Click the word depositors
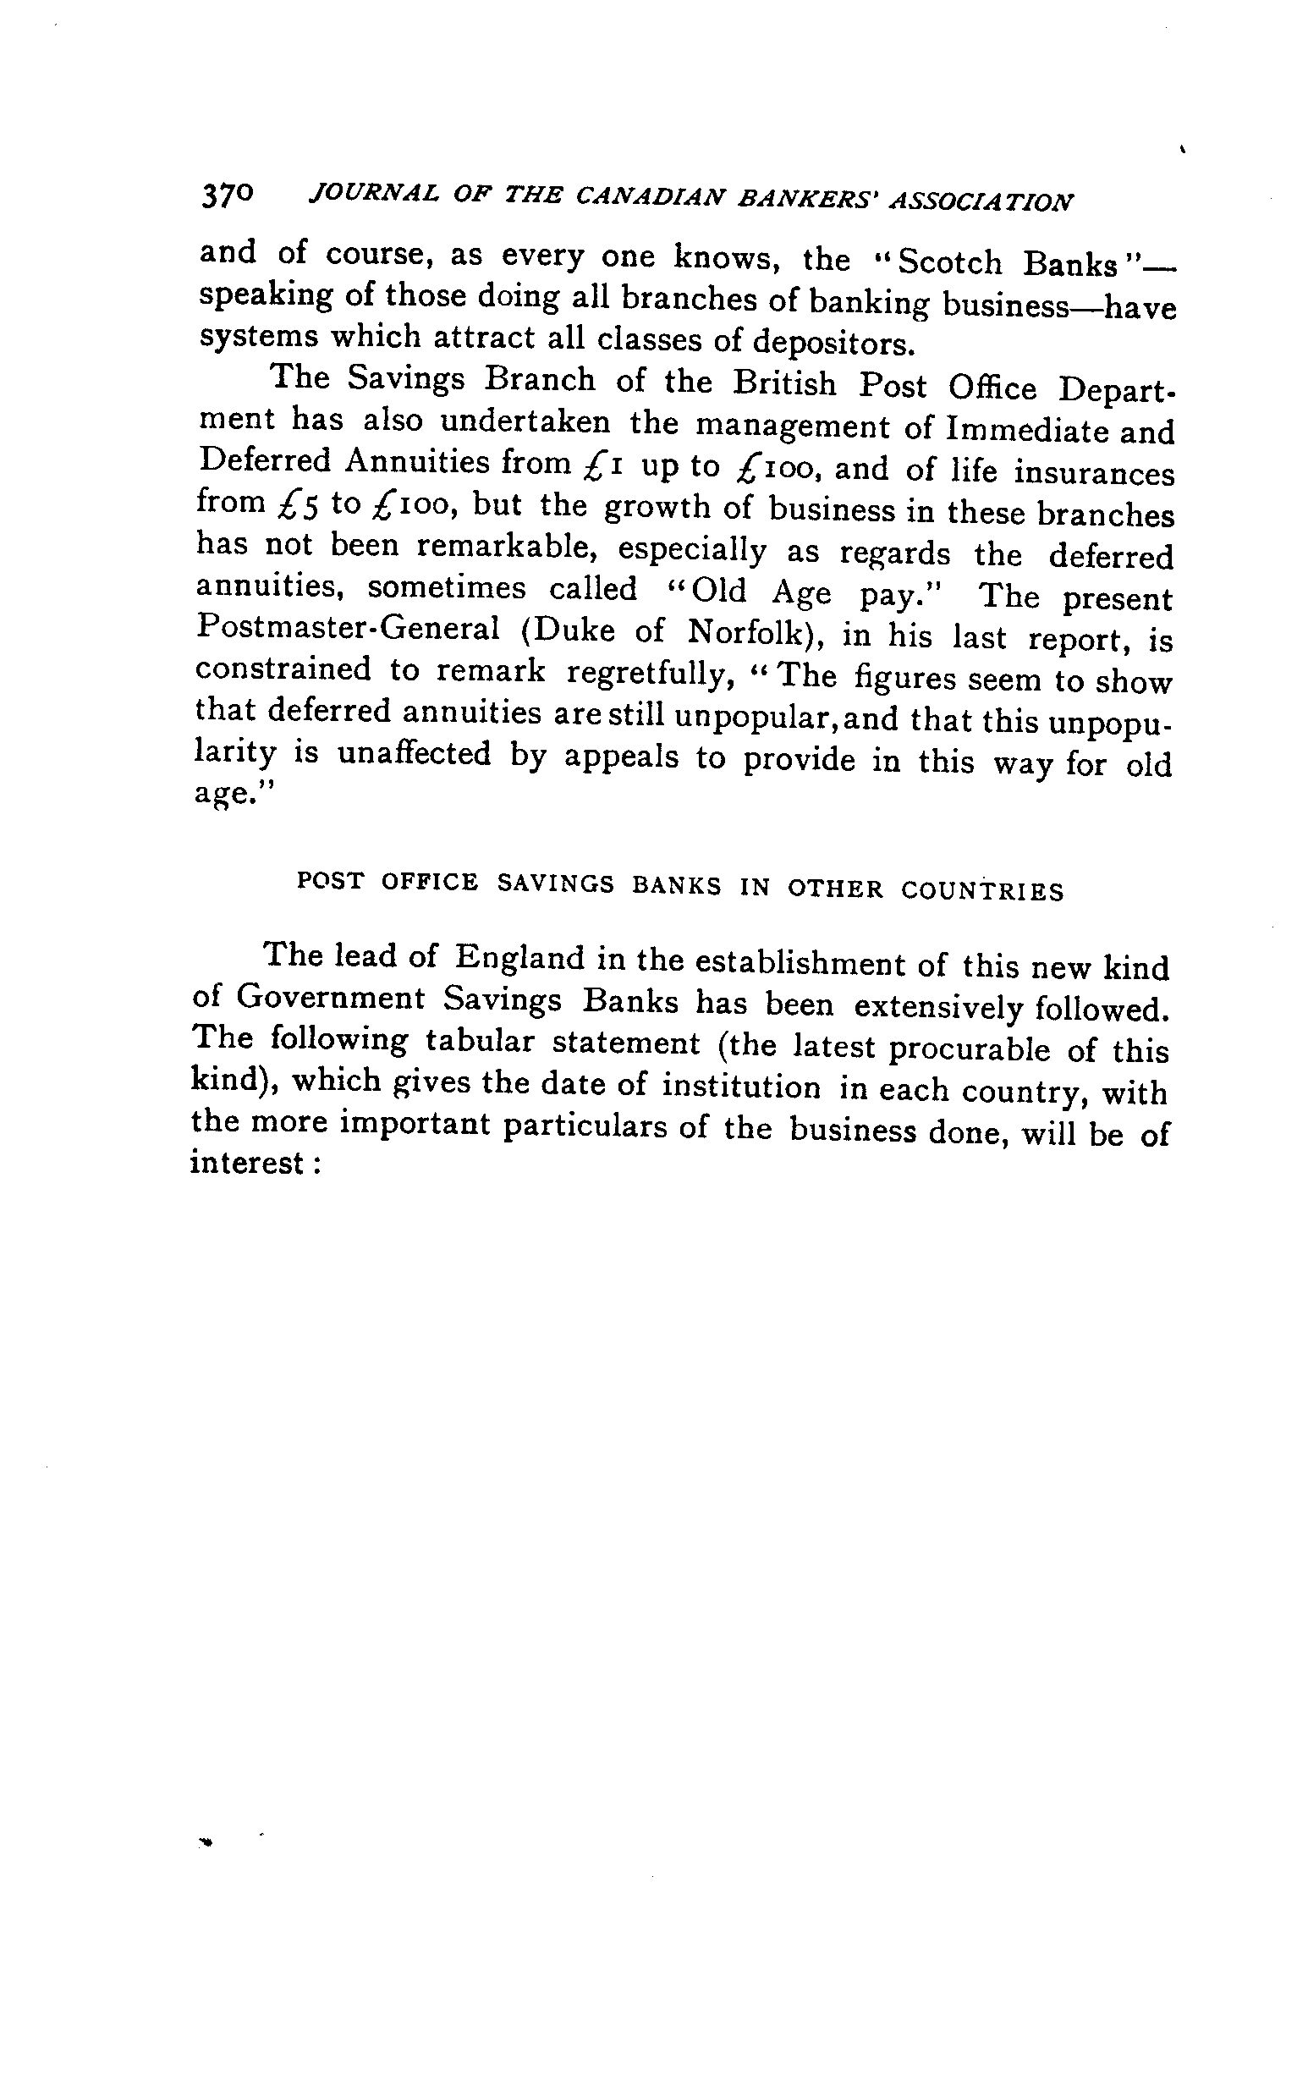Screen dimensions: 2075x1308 tap(832, 343)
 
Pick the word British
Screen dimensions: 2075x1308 tap(784, 383)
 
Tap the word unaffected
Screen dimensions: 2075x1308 tap(414, 755)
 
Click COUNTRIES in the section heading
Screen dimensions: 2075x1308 tap(982, 890)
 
